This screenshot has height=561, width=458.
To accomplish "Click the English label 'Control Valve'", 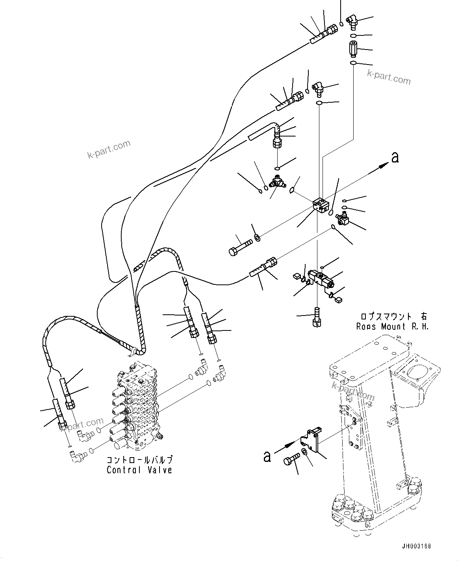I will (139, 470).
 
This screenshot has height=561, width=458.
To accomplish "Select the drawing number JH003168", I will (416, 546).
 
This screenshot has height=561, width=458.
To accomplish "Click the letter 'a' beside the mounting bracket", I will (267, 456).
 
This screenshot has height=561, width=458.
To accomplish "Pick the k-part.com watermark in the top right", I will (388, 77).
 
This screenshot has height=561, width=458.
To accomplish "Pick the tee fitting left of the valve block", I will (277, 182).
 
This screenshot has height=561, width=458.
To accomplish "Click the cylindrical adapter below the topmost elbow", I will (352, 49).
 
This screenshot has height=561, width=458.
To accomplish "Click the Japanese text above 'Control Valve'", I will (139, 460).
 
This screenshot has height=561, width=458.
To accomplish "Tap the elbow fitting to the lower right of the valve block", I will (342, 218).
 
